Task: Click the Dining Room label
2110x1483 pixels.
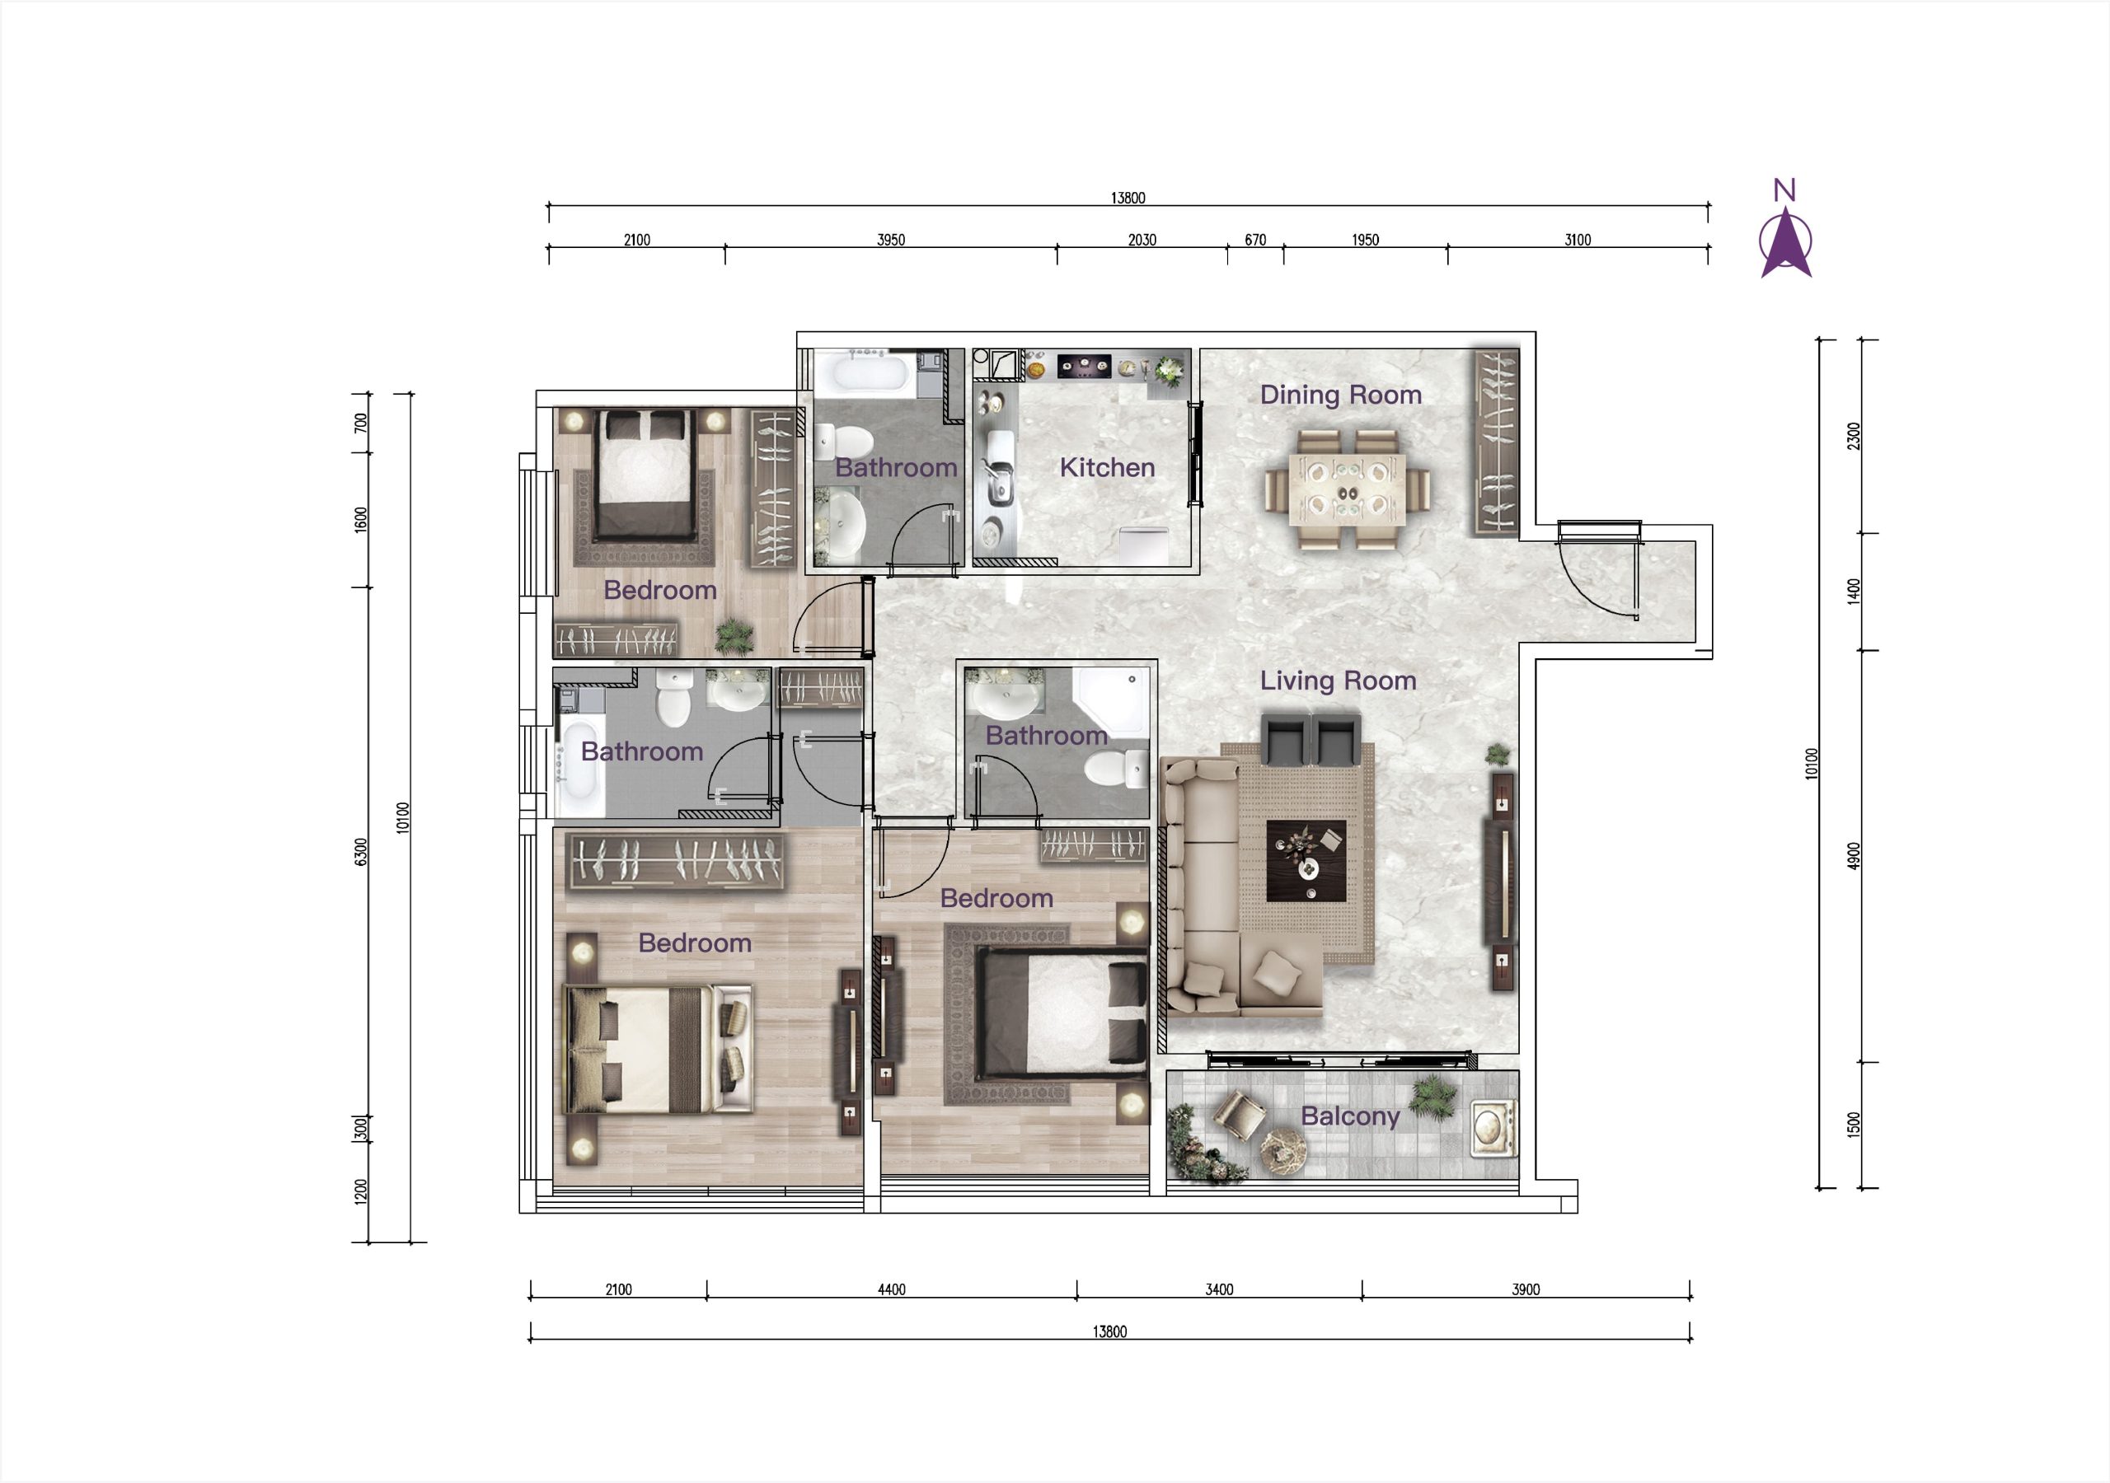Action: (x=1340, y=395)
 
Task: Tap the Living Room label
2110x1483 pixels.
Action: (x=1337, y=681)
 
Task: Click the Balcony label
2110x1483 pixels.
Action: (x=1350, y=1116)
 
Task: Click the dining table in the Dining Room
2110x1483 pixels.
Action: (x=1348, y=489)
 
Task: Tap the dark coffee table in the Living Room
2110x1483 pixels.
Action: (x=1306, y=861)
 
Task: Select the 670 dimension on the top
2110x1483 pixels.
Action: (x=1255, y=240)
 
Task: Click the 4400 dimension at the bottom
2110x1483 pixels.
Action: (x=892, y=1289)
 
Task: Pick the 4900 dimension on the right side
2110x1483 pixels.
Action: (x=1854, y=855)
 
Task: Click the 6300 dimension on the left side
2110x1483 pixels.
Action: (x=361, y=852)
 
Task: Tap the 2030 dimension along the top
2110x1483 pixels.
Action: (x=1142, y=240)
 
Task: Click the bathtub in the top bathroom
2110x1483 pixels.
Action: (x=864, y=376)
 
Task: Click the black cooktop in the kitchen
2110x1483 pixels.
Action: (x=1085, y=367)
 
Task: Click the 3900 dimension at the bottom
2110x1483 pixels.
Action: (x=1526, y=1289)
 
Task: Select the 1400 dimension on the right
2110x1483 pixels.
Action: (x=1854, y=591)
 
